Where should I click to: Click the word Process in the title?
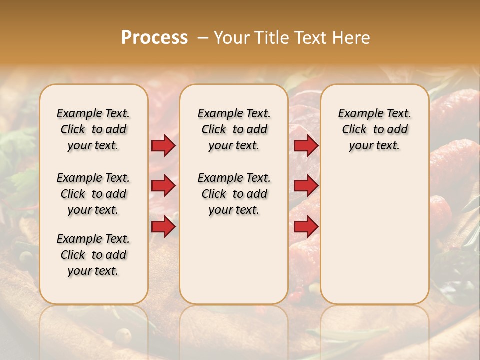[x=154, y=37]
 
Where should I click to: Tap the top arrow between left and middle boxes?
[x=163, y=145]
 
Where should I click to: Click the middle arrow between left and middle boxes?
[x=163, y=186]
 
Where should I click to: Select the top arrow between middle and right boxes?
[x=306, y=145]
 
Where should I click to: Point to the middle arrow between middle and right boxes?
[x=306, y=186]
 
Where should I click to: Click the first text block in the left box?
[x=93, y=129]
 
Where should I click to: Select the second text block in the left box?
[x=93, y=194]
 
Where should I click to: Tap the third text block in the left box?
[x=93, y=255]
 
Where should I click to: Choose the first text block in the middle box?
[x=234, y=129]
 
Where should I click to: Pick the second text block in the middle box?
[x=234, y=194]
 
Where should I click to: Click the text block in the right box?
[x=374, y=129]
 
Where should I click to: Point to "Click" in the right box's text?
[x=354, y=130]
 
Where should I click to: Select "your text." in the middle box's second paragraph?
[x=234, y=210]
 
